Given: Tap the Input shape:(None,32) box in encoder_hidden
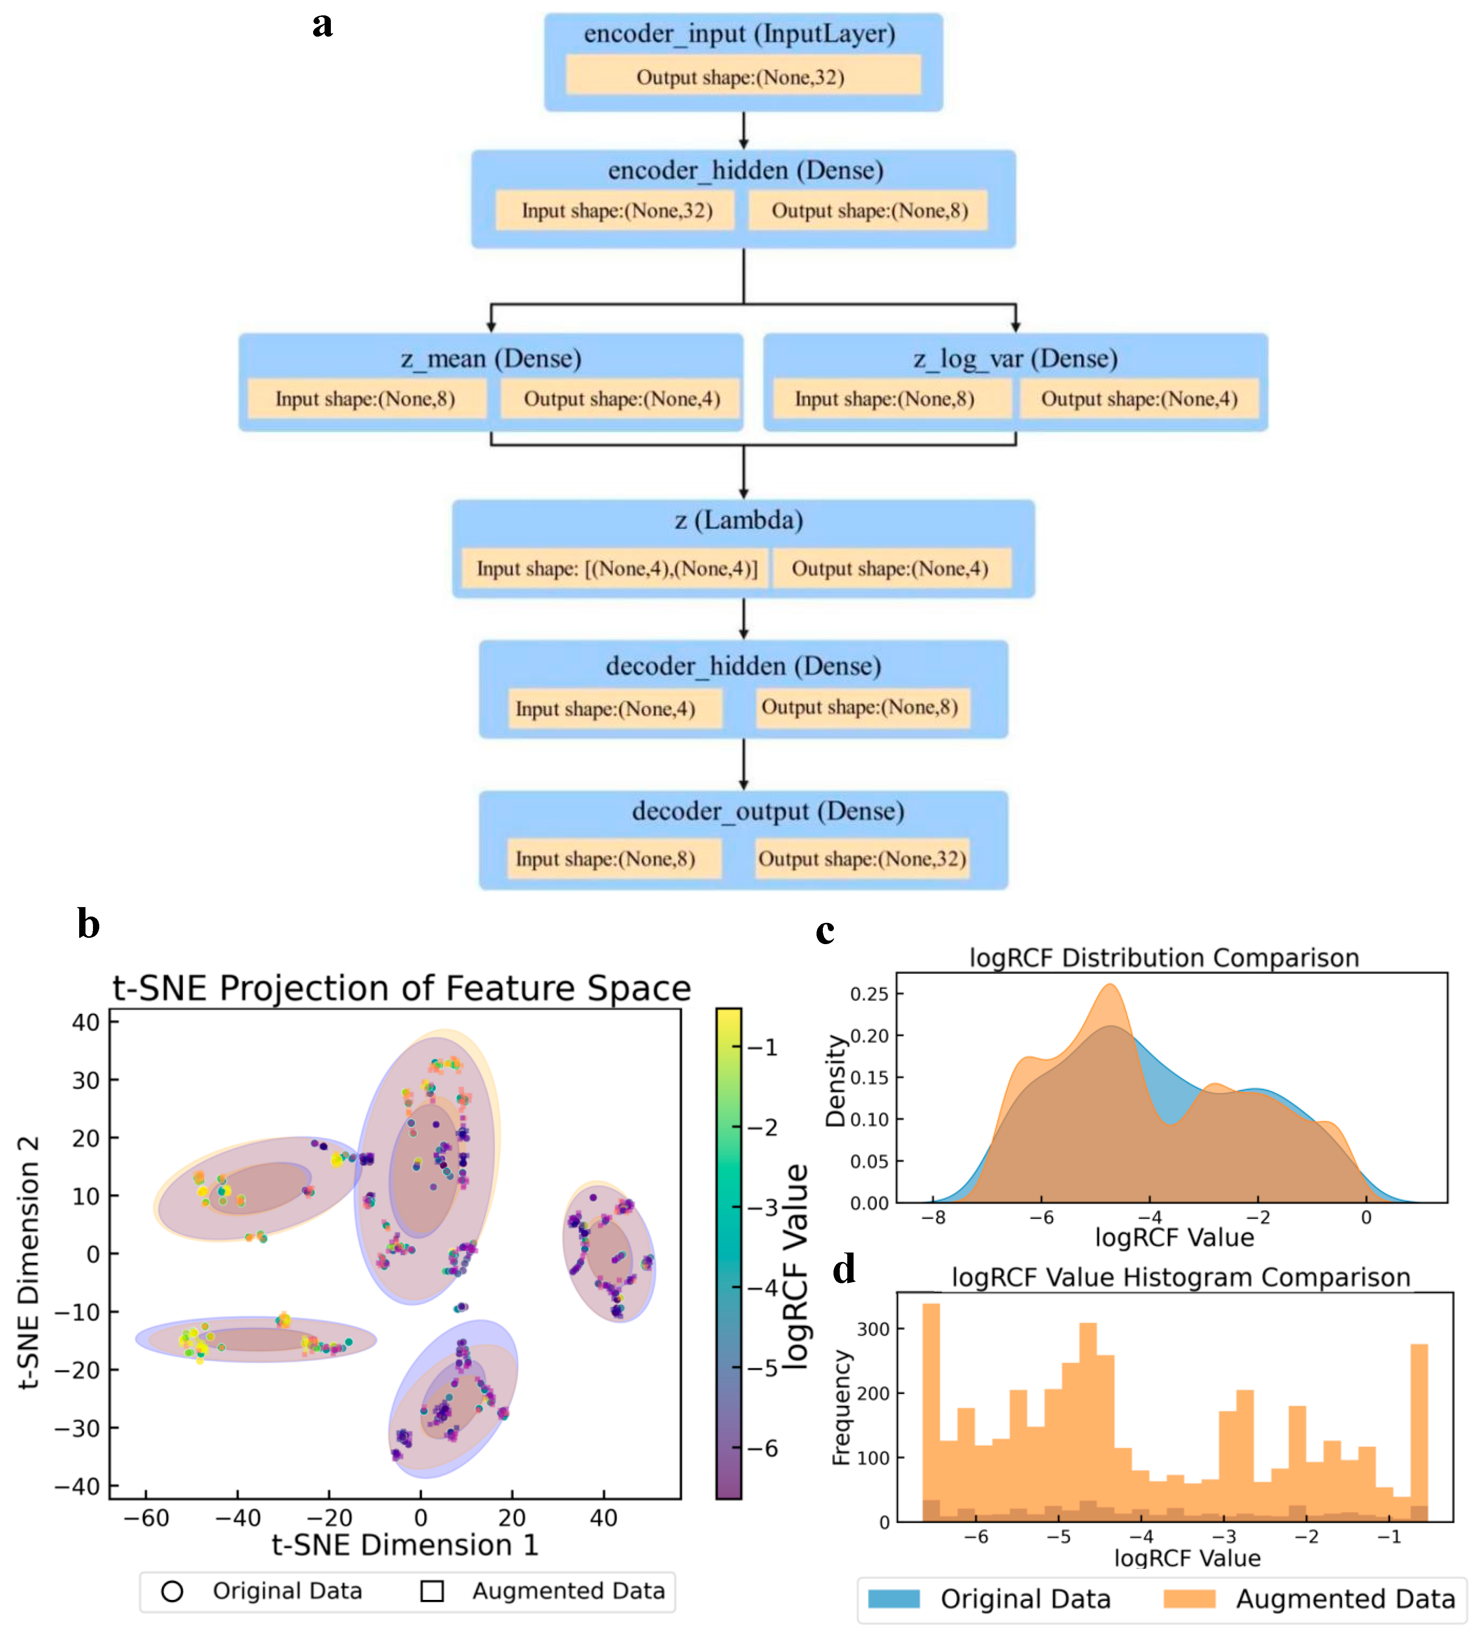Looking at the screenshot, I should coord(616,211).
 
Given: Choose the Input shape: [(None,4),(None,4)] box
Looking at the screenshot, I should coord(616,569).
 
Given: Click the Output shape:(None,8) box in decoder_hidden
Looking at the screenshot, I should coord(859,707).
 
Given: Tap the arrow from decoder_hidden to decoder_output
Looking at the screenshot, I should coord(744,764).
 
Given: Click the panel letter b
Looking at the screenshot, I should coord(88,924).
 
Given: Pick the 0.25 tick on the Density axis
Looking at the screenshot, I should coord(869,994).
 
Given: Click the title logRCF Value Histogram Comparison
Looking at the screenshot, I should coord(1180,1277).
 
